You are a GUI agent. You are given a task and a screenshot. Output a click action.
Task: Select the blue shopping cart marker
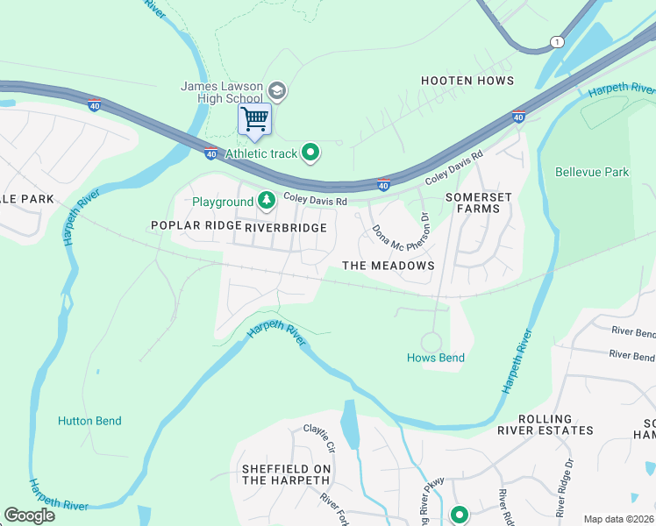(255, 118)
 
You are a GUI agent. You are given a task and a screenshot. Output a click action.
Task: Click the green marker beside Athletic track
(310, 153)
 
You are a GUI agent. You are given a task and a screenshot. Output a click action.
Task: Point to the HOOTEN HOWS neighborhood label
(467, 81)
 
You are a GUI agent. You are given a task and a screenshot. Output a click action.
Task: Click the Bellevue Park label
(592, 172)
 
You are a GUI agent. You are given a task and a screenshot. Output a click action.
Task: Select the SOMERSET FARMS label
(478, 203)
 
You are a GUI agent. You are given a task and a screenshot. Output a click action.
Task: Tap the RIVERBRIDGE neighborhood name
(286, 228)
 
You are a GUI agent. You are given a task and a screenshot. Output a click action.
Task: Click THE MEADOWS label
(388, 266)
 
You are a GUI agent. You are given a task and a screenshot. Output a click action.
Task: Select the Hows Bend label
(436, 358)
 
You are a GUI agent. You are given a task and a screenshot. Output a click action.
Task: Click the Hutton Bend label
(89, 421)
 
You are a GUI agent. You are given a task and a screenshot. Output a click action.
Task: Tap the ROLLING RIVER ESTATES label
(545, 425)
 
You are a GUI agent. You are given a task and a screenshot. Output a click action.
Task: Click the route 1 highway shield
(556, 42)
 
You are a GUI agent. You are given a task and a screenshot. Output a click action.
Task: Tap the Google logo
(30, 515)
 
